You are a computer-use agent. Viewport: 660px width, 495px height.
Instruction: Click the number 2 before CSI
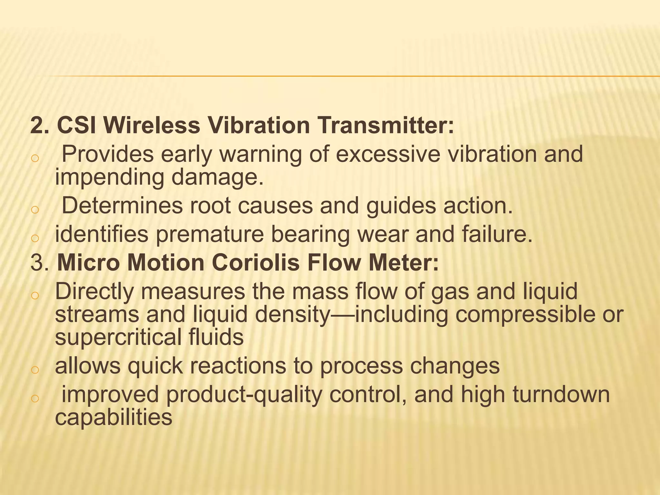[x=37, y=125]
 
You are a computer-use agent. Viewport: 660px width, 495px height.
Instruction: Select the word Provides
[x=108, y=154]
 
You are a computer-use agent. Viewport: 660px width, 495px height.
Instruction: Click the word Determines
[x=122, y=206]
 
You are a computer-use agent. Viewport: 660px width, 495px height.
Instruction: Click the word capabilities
[x=113, y=417]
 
